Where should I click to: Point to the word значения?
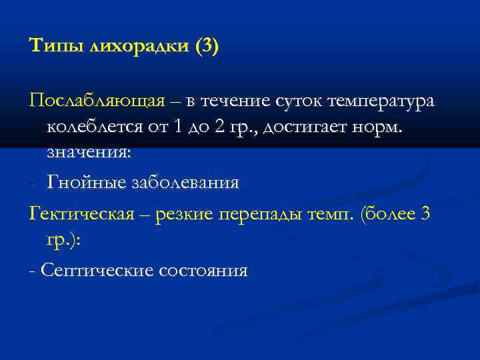click(x=89, y=152)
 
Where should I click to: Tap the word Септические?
click(x=95, y=270)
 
